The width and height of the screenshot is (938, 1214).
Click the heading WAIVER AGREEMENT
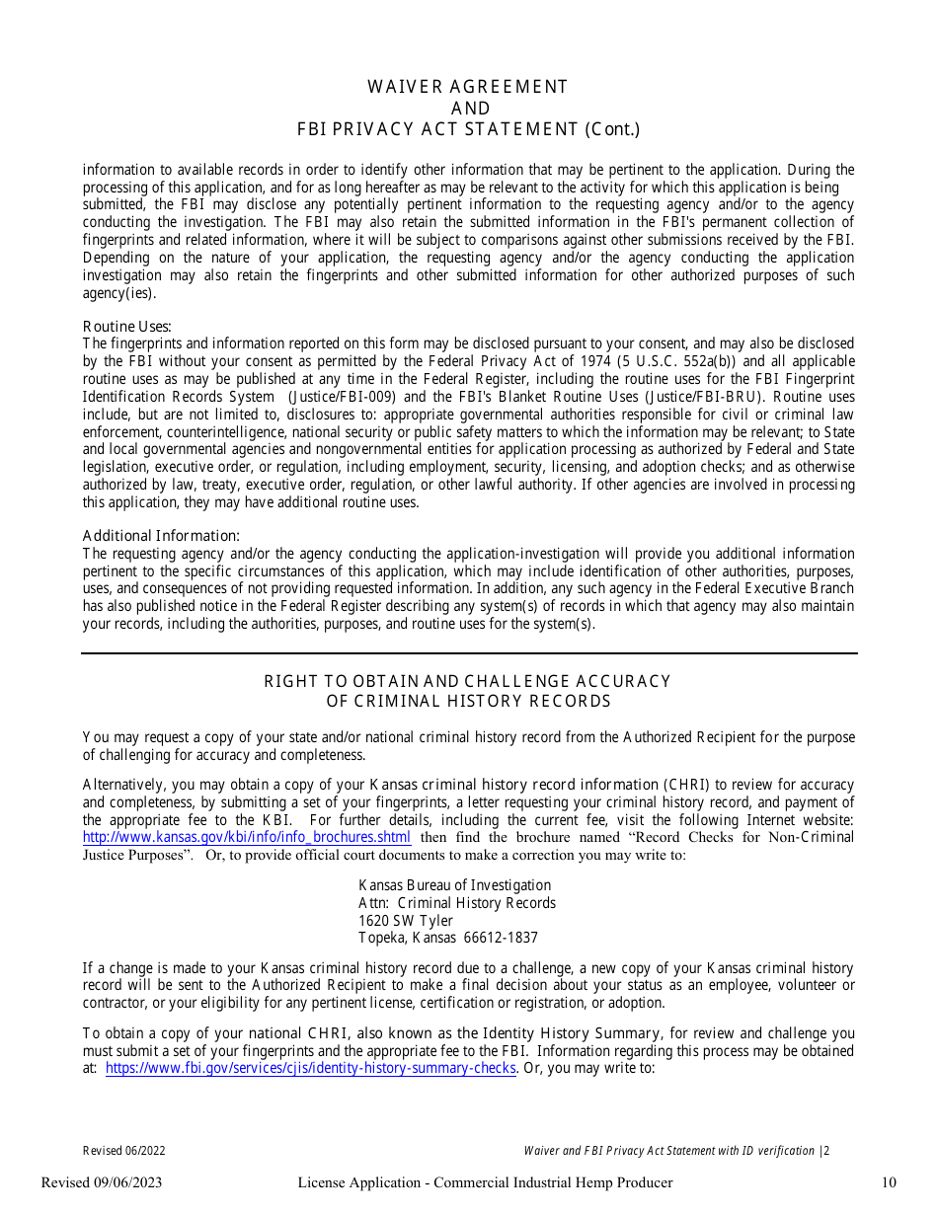click(468, 87)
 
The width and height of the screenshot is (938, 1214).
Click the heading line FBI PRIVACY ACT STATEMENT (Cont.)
click(468, 129)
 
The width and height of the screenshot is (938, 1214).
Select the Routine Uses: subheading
click(126, 327)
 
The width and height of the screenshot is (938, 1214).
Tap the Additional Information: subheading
click(161, 536)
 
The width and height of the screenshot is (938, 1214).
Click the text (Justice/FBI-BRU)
click(696, 397)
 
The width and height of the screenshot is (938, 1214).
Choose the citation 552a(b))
click(712, 361)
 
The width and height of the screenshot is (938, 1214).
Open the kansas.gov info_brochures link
click(247, 838)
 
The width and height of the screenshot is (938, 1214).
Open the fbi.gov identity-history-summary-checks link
click(310, 1069)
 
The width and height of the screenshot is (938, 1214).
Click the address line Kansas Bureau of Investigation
click(454, 885)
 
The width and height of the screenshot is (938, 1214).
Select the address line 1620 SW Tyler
click(406, 921)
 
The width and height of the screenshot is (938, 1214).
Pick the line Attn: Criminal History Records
click(456, 903)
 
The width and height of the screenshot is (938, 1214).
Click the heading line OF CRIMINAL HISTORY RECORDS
click(468, 702)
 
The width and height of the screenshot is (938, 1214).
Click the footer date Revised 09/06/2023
click(102, 1182)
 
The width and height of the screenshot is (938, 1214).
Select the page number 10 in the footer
click(889, 1182)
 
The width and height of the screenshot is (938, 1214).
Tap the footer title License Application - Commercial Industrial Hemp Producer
click(485, 1182)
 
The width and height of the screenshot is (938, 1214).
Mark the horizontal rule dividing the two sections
click(468, 653)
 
